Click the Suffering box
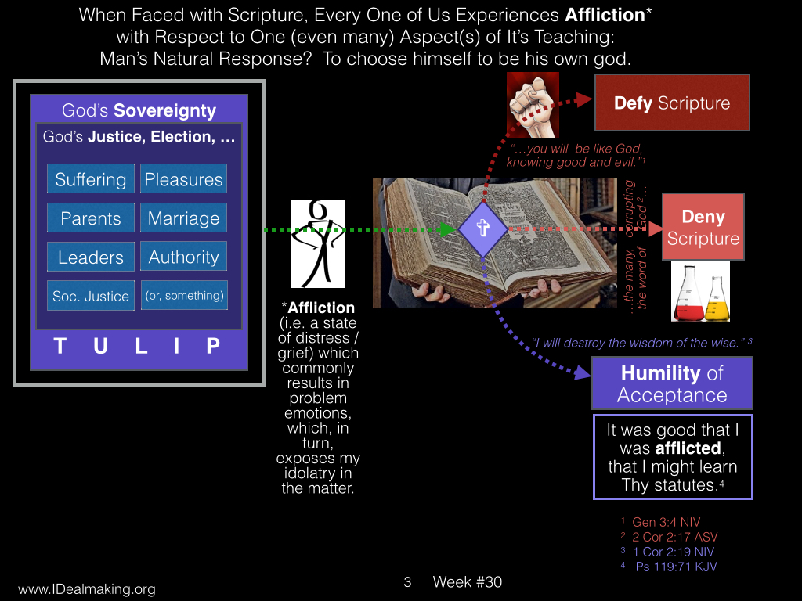tap(91, 179)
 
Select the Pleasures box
tap(183, 179)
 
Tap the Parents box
tap(91, 218)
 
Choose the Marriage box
tap(183, 218)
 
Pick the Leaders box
tap(91, 257)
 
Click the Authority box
tap(183, 257)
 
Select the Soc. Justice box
tap(91, 295)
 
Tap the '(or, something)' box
tap(184, 295)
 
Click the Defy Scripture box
tap(672, 103)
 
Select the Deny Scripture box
tap(703, 227)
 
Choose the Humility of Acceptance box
tap(672, 383)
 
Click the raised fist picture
tap(533, 106)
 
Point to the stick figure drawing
tap(318, 244)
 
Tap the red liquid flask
tap(688, 294)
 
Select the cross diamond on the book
tap(482, 229)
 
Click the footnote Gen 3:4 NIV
tap(666, 522)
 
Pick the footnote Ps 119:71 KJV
tap(676, 567)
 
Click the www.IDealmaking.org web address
tap(87, 589)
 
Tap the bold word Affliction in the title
tap(605, 15)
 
